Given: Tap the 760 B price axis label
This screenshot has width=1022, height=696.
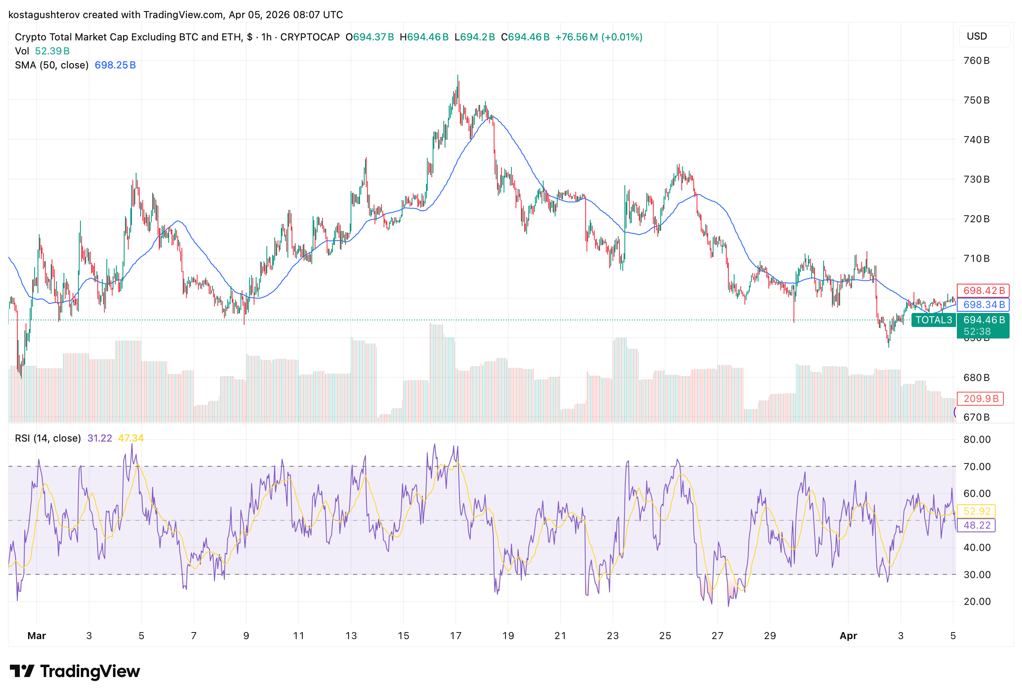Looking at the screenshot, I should click(976, 61).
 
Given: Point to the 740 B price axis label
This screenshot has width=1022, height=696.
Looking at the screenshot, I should click(976, 140).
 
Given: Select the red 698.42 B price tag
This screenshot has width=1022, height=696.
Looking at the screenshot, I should click(983, 291).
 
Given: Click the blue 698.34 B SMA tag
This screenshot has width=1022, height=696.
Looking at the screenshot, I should click(983, 305).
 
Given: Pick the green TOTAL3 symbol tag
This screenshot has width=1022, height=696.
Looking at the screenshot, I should click(933, 320).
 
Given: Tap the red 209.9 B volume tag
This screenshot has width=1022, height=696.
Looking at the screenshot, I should click(981, 399).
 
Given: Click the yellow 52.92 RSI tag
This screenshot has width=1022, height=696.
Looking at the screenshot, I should click(977, 511).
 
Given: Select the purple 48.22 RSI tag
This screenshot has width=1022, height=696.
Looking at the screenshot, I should click(977, 525).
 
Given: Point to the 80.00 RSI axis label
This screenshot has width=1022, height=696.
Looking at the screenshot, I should click(977, 440).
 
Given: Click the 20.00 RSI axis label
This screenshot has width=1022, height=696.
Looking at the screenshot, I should click(977, 602).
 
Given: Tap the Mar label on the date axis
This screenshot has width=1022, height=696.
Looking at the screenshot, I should click(36, 636).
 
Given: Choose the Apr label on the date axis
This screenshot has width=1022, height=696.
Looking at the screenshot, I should click(848, 636).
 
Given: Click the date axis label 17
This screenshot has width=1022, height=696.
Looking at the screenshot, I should click(456, 636).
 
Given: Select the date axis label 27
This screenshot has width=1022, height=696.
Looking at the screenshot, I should click(717, 636).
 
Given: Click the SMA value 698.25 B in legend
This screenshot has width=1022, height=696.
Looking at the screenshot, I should click(115, 65).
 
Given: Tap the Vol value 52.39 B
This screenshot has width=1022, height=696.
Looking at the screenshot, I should click(52, 51).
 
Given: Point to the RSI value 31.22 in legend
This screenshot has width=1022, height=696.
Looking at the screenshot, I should click(100, 438).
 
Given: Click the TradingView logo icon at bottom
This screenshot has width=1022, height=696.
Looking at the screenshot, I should click(22, 671).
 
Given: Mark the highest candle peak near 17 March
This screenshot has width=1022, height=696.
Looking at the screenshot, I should click(458, 75).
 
